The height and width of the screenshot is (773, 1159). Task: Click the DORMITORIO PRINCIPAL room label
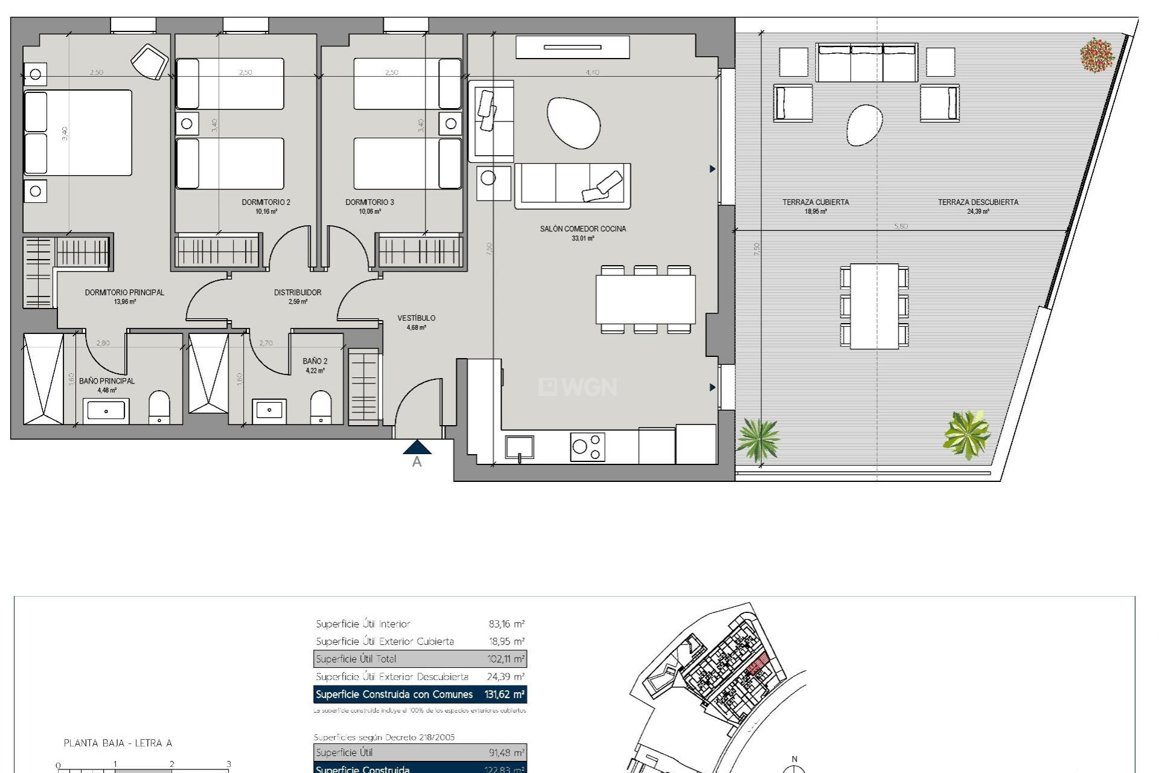[x=124, y=292]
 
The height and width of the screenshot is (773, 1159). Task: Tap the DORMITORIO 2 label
[x=266, y=202]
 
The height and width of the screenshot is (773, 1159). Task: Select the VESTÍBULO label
[x=416, y=318]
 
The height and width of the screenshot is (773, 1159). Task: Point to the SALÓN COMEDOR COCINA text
[x=583, y=229]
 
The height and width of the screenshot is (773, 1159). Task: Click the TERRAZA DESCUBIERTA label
[x=977, y=202]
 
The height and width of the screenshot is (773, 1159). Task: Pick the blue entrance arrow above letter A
[x=417, y=447]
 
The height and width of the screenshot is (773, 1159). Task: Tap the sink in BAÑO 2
[x=269, y=410]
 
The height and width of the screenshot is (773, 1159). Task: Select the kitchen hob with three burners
[x=587, y=447]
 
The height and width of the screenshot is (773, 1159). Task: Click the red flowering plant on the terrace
[x=1096, y=56]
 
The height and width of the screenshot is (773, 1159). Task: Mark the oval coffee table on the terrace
[x=864, y=125]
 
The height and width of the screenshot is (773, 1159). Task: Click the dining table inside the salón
[x=645, y=300]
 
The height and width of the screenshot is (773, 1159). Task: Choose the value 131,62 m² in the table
[x=504, y=694]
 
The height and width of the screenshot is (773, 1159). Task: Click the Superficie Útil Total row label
[x=356, y=659]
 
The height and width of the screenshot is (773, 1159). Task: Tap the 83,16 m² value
[x=506, y=624]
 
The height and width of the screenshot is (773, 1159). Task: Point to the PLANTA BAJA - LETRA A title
[x=118, y=743]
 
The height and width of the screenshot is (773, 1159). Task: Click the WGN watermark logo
[x=578, y=386]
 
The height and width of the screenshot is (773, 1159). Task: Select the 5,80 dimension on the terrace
[x=901, y=226]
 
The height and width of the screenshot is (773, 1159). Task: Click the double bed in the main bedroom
[x=77, y=133]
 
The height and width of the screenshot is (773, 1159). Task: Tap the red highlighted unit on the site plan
[x=758, y=664]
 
